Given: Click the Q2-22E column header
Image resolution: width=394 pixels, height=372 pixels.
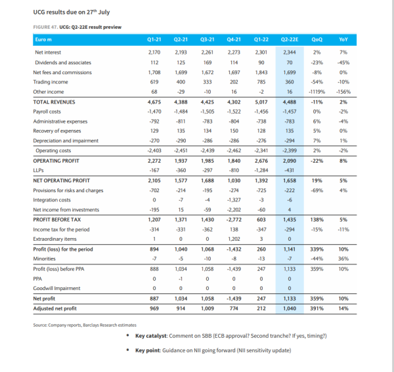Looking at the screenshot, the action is tap(290, 39).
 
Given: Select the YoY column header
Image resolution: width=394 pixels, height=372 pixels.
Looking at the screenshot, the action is tap(343, 39).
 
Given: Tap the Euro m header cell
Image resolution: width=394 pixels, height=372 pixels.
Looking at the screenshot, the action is tap(43, 39).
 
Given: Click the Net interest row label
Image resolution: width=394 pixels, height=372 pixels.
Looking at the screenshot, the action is tap(48, 52).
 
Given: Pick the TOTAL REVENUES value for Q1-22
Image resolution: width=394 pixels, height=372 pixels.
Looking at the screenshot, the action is tap(261, 102).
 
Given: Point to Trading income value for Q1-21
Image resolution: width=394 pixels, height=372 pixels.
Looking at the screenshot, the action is tap(154, 82).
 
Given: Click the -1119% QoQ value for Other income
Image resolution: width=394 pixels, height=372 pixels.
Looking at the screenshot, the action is tap(317, 92).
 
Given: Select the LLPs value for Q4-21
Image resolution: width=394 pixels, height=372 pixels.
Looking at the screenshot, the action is tap(234, 171).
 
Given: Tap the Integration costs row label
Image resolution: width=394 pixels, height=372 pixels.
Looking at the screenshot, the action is tap(52, 200).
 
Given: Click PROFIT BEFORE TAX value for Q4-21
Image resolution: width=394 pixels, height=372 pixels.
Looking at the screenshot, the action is tap(234, 220).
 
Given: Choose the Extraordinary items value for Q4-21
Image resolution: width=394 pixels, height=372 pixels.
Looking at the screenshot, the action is tap(234, 239).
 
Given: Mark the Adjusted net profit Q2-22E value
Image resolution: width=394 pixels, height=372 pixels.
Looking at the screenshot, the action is tap(290, 308).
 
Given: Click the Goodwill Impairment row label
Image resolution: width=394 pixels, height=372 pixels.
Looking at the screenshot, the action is tap(56, 289).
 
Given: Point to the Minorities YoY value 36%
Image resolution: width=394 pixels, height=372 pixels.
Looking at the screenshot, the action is tap(343, 258).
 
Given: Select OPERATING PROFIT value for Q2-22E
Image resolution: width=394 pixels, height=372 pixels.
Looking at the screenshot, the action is tap(290, 161).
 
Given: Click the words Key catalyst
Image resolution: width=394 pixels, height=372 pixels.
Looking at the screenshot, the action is tap(151, 336).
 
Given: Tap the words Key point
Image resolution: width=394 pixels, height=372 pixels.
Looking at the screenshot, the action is tap(148, 350).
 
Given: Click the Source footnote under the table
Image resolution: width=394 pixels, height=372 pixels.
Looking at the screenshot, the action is tap(85, 325).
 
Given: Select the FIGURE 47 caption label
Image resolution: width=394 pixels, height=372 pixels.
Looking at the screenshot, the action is tap(45, 27).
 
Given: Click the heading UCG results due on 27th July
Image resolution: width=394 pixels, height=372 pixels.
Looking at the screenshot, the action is tap(72, 12).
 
